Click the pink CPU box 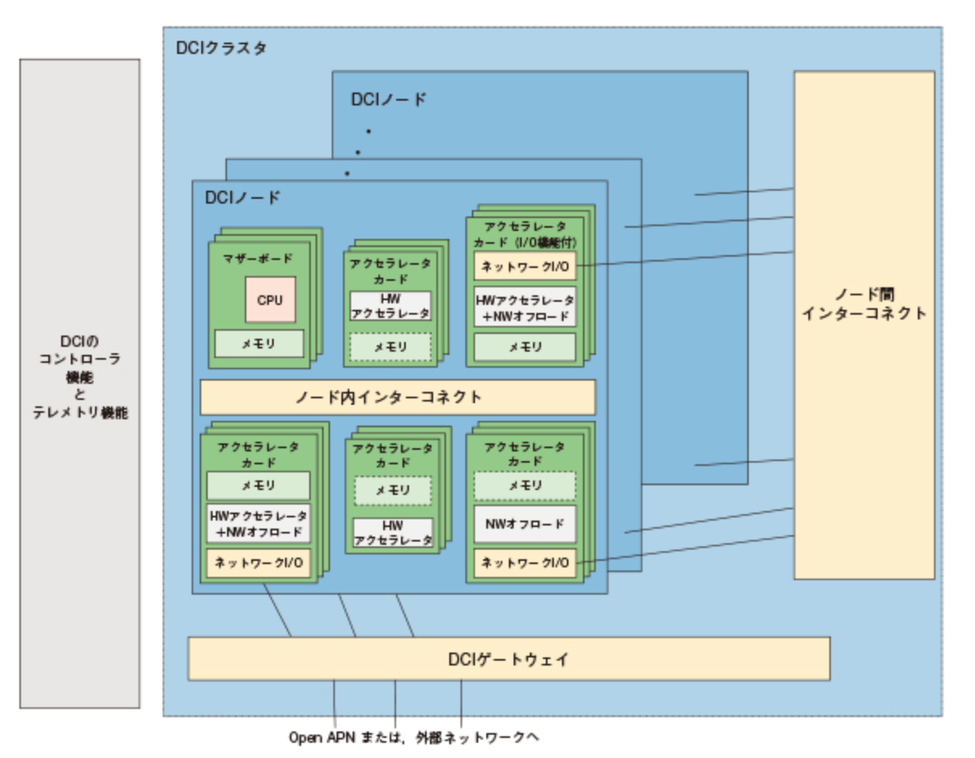click(270, 299)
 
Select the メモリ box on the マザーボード click(258, 344)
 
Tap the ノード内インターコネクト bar click(397, 397)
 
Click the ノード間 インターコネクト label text click(864, 304)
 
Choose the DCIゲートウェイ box click(508, 659)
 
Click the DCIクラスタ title click(221, 47)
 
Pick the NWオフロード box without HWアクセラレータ click(524, 524)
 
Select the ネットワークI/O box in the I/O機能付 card click(524, 265)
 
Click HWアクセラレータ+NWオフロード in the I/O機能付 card click(524, 307)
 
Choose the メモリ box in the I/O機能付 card click(524, 347)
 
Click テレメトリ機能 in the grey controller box click(80, 412)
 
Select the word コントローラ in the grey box click(80, 359)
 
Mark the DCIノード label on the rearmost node click(389, 100)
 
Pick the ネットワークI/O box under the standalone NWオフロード click(524, 563)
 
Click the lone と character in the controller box click(80, 394)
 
